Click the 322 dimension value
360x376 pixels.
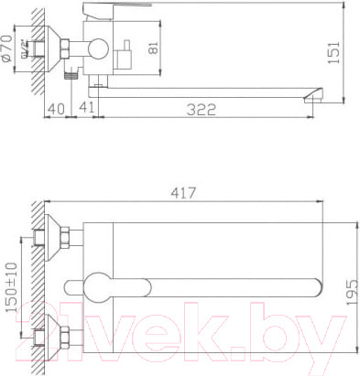pos(201,110)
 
